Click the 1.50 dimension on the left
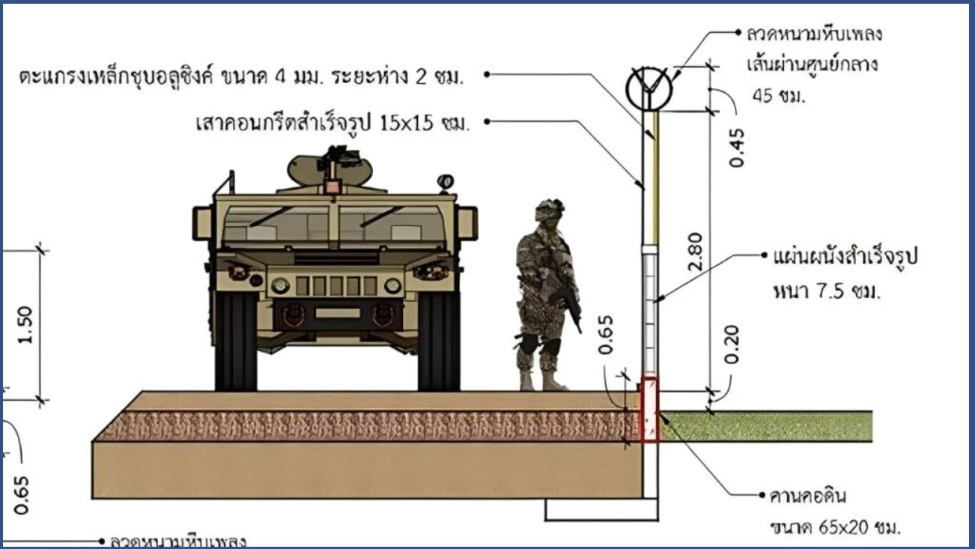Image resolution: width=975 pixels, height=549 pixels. [26, 324]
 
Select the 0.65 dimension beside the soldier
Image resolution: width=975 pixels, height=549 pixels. [607, 335]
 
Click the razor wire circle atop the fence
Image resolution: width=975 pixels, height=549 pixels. [649, 89]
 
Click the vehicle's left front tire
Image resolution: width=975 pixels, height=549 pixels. [235, 341]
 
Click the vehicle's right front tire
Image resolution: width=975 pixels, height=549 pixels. [439, 341]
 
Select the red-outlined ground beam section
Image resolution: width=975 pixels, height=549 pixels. [650, 410]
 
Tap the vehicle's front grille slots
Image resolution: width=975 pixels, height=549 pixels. [336, 286]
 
